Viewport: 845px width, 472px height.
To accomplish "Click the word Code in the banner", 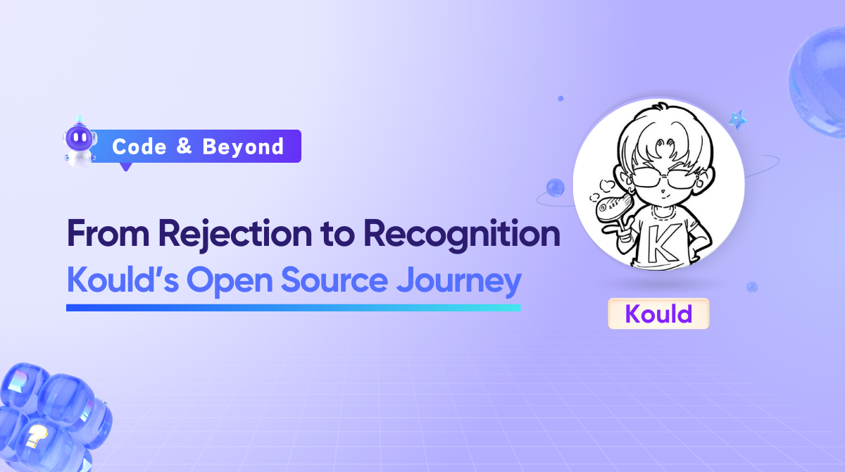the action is coord(139,147).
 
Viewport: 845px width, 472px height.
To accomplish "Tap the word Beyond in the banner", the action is coord(243,147).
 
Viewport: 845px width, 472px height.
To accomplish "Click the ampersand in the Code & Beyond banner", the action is coord(184,146).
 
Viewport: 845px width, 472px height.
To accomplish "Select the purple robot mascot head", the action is coord(79,137).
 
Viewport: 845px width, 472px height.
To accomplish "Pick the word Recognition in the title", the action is coord(462,235).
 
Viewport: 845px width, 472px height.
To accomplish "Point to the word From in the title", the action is coord(108,234).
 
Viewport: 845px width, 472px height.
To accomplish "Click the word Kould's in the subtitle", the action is coord(123,280).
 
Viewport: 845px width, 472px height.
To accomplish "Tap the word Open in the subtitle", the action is coord(230,282).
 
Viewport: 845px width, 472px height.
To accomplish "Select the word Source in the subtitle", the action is coord(334,280).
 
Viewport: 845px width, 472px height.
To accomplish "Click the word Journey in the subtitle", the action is coord(459,282).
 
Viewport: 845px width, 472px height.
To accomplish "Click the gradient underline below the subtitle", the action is coord(294,308).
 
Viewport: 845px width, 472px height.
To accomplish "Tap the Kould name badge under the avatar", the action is coord(658,313).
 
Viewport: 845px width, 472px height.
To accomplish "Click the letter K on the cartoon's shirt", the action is coord(663,242).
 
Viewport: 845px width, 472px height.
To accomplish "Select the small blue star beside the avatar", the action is coord(737,120).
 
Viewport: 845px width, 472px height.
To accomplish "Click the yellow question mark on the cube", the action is coord(36,438).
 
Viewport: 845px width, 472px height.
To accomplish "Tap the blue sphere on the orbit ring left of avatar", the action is coord(556,187).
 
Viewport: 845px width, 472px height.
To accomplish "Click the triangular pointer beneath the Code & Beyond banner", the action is coord(126,167).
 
